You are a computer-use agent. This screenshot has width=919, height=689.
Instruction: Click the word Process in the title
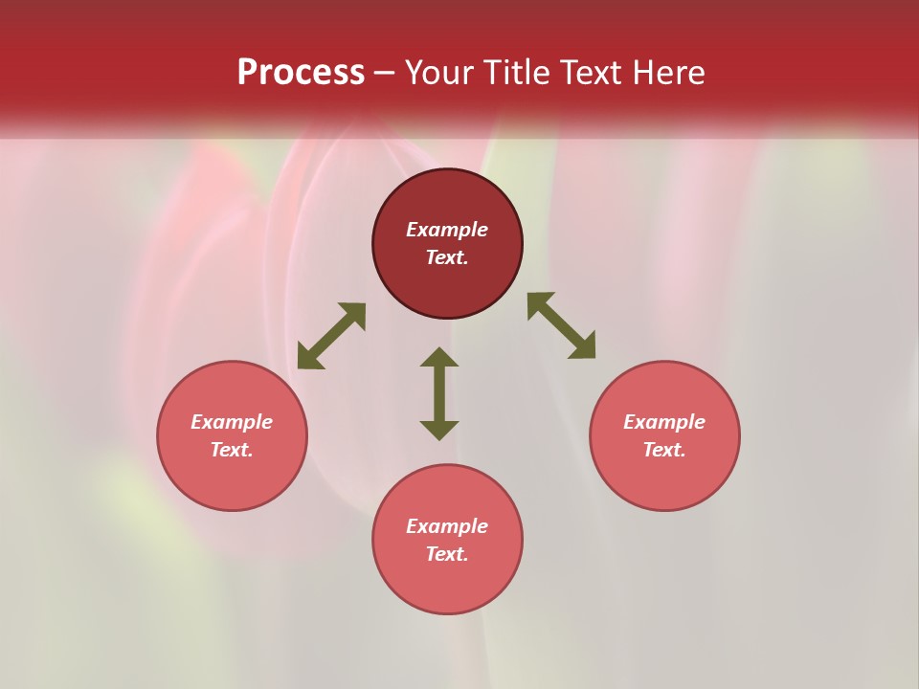click(301, 73)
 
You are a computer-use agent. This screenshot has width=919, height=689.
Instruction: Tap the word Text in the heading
click(599, 73)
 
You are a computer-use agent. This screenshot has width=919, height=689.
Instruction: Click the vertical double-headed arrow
click(439, 393)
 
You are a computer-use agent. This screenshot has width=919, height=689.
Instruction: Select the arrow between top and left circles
click(331, 336)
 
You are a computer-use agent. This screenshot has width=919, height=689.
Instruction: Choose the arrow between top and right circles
click(561, 325)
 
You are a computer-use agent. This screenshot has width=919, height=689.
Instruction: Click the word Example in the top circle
click(447, 230)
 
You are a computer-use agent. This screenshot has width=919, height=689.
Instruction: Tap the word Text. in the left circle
click(232, 450)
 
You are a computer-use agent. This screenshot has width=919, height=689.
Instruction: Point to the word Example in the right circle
click(664, 422)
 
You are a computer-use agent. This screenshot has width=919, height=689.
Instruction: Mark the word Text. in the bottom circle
click(447, 554)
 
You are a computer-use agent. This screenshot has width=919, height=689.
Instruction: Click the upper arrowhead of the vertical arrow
click(439, 357)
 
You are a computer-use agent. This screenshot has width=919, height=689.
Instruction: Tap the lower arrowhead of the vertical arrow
click(439, 430)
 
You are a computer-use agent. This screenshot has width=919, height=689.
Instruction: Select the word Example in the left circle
click(232, 422)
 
